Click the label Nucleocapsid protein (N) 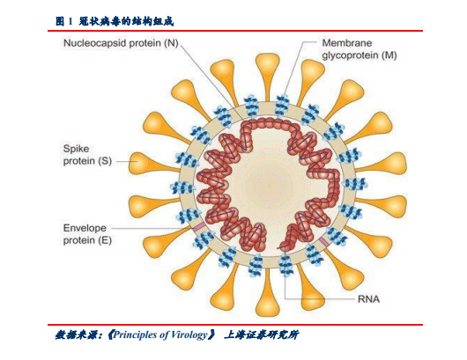[x=121, y=43]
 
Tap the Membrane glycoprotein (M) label [x=360, y=49]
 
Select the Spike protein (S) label [x=87, y=155]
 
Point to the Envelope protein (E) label [x=87, y=234]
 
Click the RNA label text [x=368, y=298]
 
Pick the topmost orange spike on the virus [x=268, y=76]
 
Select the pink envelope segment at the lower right [x=324, y=241]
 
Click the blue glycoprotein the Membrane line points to [x=281, y=106]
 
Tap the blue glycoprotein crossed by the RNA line [x=285, y=265]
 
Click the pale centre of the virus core [x=268, y=185]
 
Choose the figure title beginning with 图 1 [x=115, y=21]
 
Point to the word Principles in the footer [x=136, y=334]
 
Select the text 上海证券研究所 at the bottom [x=261, y=334]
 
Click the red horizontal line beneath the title [x=235, y=30]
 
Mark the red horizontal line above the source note [x=235, y=324]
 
